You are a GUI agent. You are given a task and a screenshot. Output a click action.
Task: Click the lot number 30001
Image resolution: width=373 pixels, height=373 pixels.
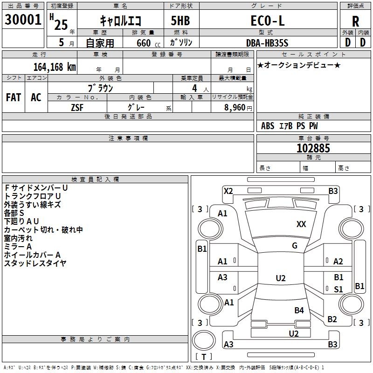click(x=23, y=20)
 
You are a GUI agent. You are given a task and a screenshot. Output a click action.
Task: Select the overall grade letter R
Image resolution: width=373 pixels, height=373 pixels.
click(x=355, y=21)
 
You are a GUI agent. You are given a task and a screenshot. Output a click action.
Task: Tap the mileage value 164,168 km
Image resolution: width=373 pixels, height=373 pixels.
click(x=55, y=67)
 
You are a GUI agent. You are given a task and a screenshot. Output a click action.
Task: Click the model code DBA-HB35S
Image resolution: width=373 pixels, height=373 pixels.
click(x=267, y=43)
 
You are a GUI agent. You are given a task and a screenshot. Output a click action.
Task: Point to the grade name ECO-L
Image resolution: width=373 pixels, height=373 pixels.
click(x=268, y=21)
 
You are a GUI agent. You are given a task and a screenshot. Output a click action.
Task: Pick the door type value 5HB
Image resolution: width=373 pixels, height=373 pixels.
click(x=180, y=21)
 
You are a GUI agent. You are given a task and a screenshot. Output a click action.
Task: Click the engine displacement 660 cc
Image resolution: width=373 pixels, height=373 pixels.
click(x=148, y=43)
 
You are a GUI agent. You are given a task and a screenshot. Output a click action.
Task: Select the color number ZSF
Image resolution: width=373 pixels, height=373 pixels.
click(x=77, y=108)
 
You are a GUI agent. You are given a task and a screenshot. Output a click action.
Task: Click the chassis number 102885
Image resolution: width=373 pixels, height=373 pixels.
click(x=313, y=148)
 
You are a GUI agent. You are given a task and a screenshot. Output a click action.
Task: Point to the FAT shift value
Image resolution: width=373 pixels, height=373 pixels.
click(x=14, y=97)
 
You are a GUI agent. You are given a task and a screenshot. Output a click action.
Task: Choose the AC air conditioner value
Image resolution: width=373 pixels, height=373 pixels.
click(x=36, y=97)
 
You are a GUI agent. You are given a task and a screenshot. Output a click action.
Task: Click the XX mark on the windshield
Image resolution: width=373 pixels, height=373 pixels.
click(x=301, y=224)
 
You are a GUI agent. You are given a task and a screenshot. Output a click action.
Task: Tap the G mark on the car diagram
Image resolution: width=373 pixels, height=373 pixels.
click(x=295, y=246)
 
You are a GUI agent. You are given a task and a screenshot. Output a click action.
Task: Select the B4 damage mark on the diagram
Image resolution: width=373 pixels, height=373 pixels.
click(x=299, y=310)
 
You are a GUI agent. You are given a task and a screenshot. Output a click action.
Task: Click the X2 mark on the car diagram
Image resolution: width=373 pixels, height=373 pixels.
click(x=228, y=191)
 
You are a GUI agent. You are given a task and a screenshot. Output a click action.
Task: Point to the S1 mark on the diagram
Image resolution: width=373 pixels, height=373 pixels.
click(x=338, y=289)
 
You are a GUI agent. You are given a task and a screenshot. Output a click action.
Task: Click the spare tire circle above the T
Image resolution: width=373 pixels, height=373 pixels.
click(x=204, y=340)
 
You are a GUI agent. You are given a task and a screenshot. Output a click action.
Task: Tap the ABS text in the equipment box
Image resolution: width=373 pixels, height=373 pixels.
click(x=268, y=126)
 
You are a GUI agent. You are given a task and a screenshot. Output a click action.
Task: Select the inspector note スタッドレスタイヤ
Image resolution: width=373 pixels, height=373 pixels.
click(x=35, y=263)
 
